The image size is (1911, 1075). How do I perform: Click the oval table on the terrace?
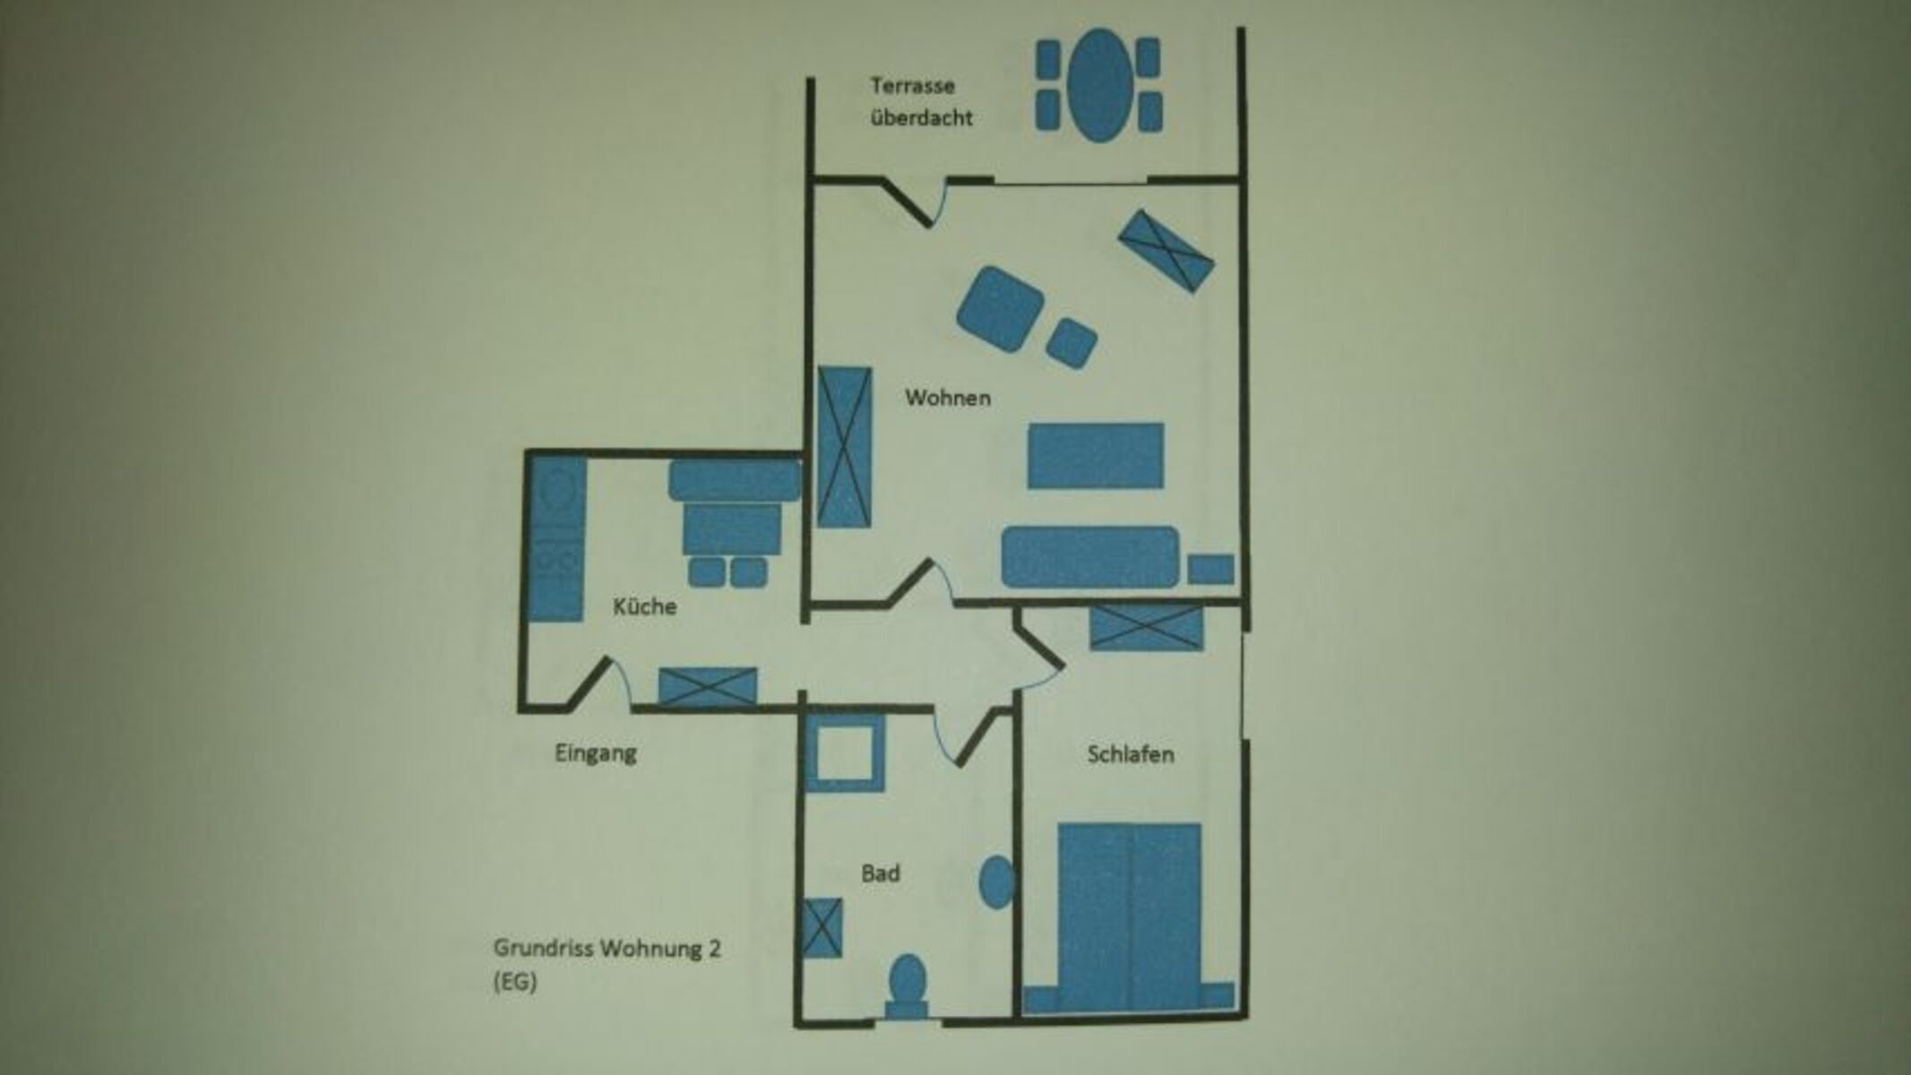tap(1098, 85)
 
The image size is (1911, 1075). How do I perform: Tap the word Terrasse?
tap(912, 87)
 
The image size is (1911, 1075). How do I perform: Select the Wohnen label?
tap(947, 398)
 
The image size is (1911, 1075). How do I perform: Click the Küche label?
tap(644, 606)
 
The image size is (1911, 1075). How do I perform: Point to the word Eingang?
tap(596, 753)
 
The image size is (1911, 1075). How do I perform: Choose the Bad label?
tap(880, 873)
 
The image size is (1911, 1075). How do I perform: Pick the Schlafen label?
tap(1131, 754)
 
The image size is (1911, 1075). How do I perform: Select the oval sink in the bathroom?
tap(997, 882)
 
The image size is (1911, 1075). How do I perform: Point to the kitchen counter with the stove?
tap(556, 539)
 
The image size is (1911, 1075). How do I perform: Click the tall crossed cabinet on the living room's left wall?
tap(844, 446)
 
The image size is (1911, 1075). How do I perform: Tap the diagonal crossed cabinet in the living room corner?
tap(1166, 251)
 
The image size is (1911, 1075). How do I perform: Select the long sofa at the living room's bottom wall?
tap(1089, 557)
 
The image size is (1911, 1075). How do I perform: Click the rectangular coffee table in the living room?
tap(1095, 456)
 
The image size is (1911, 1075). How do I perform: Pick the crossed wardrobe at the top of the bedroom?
tap(1146, 627)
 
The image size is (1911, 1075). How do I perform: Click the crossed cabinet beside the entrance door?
tap(708, 686)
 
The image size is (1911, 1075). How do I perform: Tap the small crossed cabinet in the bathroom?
tap(822, 927)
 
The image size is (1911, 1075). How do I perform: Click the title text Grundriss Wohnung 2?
tap(607, 948)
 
